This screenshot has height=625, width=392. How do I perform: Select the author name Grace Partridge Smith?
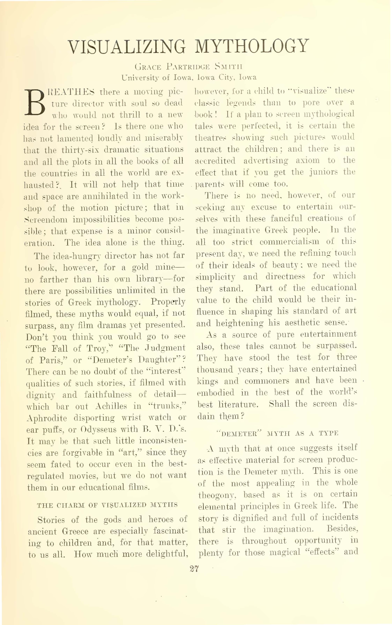point(188,67)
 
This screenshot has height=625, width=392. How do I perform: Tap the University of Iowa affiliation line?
point(189,77)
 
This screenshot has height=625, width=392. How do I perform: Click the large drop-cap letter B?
point(34,102)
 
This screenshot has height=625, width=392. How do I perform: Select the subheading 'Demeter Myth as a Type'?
point(277,433)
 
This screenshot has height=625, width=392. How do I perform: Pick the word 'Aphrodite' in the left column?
point(47,418)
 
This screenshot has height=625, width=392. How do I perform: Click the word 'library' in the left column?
point(151,279)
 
